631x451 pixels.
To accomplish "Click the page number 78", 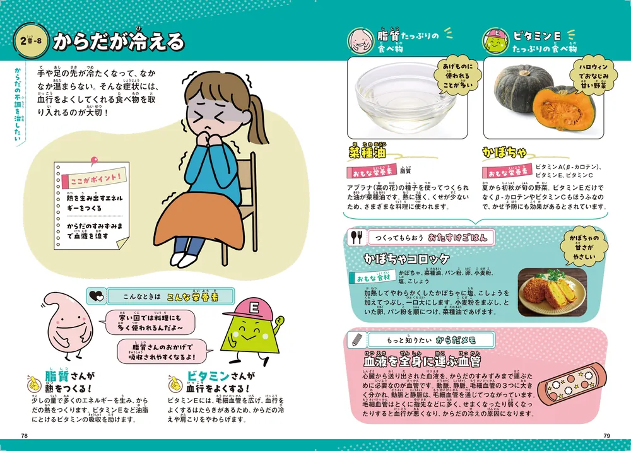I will [x=24, y=435].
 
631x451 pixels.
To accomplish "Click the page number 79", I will [x=606, y=435].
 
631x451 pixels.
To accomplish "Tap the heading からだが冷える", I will [x=118, y=42].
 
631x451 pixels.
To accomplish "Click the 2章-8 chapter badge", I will [x=29, y=42].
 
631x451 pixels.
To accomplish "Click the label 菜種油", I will [x=367, y=152].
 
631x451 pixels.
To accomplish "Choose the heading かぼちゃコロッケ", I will [x=406, y=259].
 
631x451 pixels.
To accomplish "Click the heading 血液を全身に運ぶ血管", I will [x=422, y=361].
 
